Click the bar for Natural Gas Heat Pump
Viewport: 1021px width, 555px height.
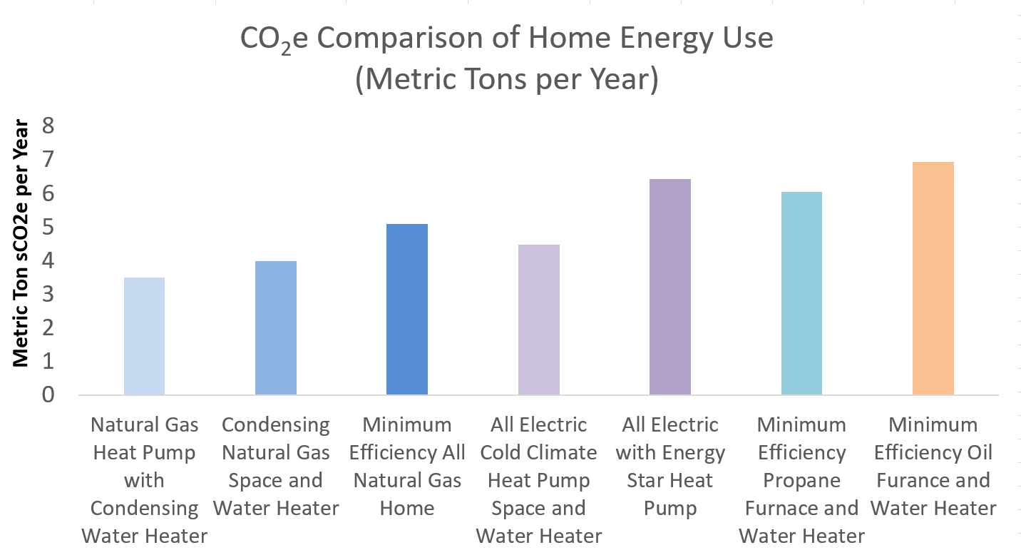144,336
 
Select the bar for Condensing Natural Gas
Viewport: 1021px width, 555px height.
276,328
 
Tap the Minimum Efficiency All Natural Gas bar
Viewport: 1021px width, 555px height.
407,310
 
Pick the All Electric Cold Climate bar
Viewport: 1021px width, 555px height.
538,320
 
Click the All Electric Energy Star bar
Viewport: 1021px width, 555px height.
670,287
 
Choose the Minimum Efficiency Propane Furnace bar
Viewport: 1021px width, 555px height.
801,293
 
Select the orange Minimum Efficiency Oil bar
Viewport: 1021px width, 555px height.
933,278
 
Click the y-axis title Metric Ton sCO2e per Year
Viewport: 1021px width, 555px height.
21,243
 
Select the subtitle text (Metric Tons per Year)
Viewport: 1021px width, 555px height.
506,79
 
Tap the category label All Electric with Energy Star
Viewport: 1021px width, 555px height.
670,467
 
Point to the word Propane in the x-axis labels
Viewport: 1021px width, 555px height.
801,480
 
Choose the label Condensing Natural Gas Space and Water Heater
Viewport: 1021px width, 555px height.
276,467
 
